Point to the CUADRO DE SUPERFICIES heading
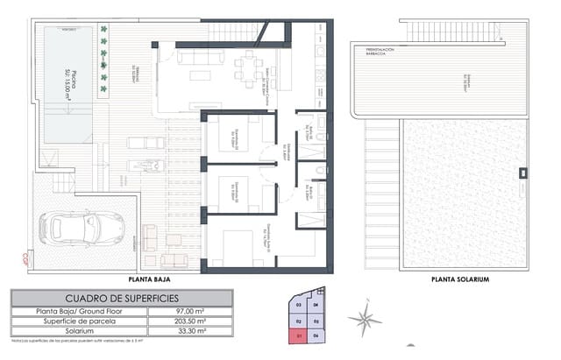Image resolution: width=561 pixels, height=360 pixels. (x=122, y=298)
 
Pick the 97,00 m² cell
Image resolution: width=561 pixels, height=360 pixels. (x=192, y=311)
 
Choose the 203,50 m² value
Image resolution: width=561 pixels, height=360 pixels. (x=192, y=321)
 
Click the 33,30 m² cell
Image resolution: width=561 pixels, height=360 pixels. (x=192, y=331)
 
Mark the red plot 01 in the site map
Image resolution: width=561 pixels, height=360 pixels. (x=300, y=334)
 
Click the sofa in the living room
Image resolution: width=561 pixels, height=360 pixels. (x=201, y=56)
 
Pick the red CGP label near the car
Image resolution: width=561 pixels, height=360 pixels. (x=26, y=257)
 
